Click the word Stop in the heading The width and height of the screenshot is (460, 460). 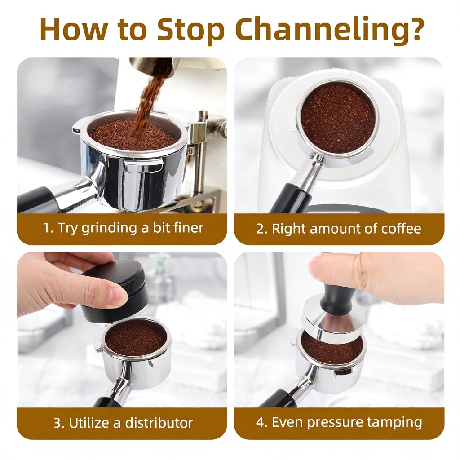191,31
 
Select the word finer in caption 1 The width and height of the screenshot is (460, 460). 189,228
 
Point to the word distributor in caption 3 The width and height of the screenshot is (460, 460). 159,423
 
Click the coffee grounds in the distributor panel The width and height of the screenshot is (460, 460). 135,338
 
